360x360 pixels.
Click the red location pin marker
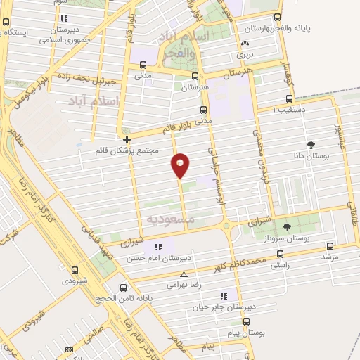point(181,165)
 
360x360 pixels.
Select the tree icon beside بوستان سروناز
point(288,226)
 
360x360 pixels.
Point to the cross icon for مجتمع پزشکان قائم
point(127,139)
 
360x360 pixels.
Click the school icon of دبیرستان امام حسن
point(158,247)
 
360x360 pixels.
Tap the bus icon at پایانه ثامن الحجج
point(124,287)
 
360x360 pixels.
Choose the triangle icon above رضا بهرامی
point(184,275)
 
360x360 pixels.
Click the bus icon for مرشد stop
point(330,246)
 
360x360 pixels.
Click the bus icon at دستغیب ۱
point(288,98)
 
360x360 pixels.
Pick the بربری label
point(244,53)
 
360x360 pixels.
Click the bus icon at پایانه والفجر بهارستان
point(277,18)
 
